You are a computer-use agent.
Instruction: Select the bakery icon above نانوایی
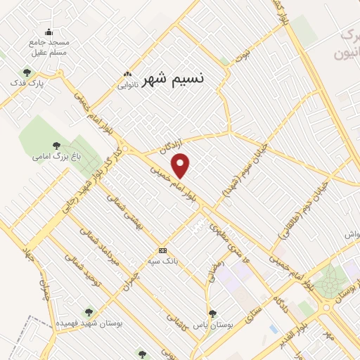coord(127,75)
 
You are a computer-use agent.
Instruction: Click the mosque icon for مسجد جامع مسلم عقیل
coord(49,32)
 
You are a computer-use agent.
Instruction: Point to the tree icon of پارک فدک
coord(27,72)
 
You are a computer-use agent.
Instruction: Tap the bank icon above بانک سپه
coord(162,251)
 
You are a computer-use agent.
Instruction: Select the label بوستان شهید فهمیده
coord(90,323)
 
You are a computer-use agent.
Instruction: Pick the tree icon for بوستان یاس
coord(212,314)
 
